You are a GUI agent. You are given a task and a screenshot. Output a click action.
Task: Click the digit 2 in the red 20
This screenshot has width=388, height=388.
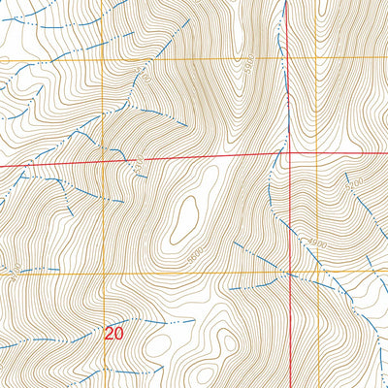pos(111,334)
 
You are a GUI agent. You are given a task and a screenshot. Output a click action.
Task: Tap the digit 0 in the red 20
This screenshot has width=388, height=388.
pos(120,334)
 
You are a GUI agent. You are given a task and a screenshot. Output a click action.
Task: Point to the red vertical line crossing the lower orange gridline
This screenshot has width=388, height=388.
pos(289,274)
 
